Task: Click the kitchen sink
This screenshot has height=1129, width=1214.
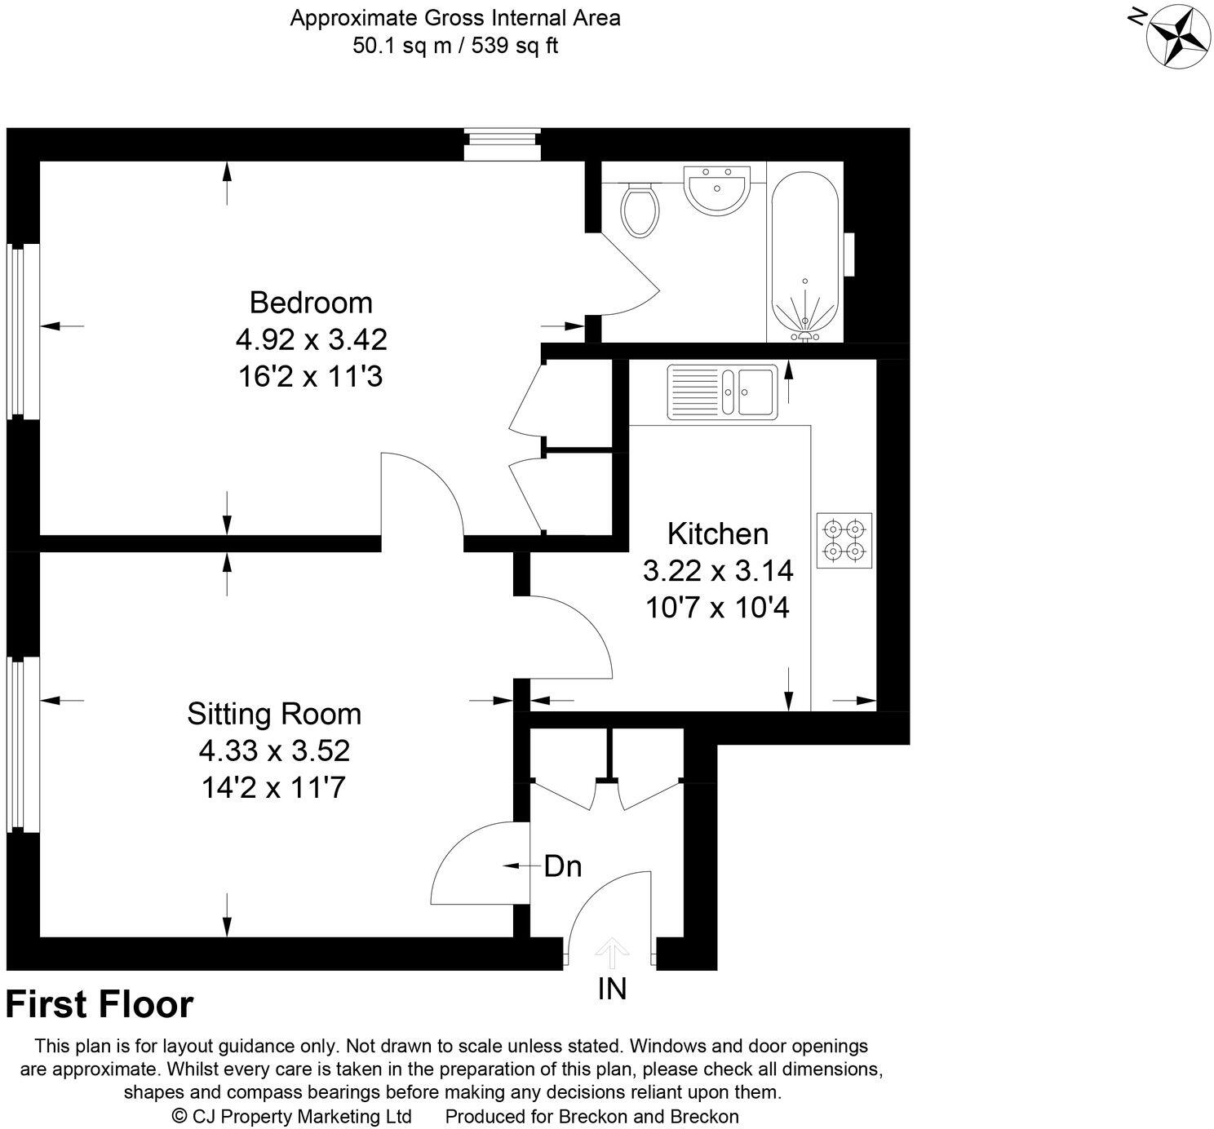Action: tap(723, 392)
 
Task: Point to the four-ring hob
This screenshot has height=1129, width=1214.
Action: tap(844, 540)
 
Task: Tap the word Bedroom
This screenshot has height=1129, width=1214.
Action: tap(311, 303)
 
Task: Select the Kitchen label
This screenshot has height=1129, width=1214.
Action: tap(718, 534)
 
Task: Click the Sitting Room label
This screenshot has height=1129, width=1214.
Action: tap(274, 714)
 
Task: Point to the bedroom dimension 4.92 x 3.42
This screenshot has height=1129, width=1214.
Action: tap(311, 339)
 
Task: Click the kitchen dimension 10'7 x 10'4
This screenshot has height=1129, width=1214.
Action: tap(718, 608)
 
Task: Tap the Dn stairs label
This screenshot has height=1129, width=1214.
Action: tap(563, 866)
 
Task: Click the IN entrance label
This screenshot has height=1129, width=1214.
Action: tap(612, 989)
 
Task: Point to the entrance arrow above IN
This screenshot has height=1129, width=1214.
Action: tap(611, 953)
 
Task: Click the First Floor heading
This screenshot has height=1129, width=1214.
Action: tap(100, 1005)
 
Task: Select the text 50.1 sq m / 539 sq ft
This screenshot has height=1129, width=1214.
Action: tap(454, 46)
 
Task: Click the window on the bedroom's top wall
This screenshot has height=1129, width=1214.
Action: tap(502, 144)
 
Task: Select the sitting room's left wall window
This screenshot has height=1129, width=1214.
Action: tap(23, 744)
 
